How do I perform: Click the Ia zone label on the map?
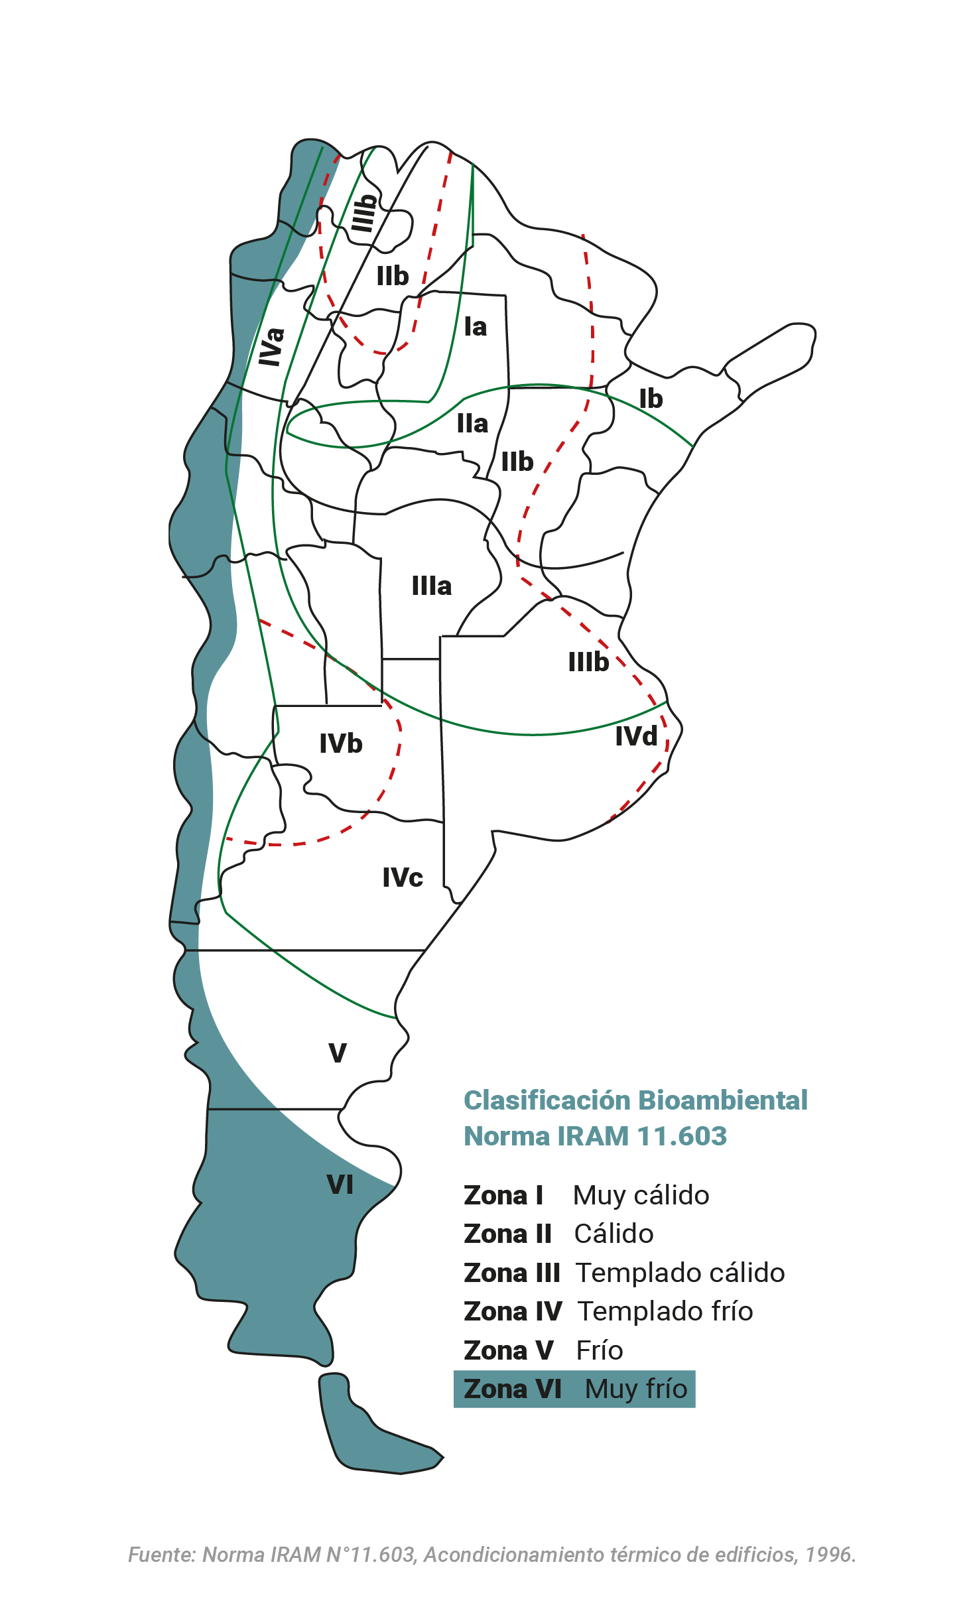475,327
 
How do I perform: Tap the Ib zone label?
651,399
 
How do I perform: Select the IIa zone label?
472,424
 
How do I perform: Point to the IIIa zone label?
432,586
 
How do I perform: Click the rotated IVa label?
271,346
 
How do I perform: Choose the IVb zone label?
341,743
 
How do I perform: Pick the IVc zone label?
403,877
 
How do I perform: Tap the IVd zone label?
636,736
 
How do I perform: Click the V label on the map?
338,1053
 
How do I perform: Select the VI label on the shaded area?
340,1185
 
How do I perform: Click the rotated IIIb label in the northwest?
363,213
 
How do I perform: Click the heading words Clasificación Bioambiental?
635,1100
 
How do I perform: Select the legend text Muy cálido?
641,1195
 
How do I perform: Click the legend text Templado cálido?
681,1273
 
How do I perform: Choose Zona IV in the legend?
513,1311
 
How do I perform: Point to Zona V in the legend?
508,1350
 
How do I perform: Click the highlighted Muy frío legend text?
636,1389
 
